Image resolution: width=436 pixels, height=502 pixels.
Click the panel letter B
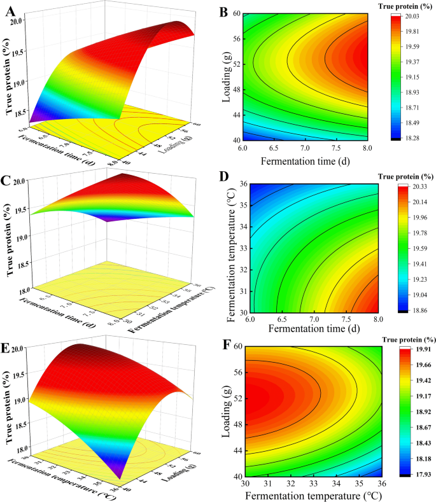pos(223,11)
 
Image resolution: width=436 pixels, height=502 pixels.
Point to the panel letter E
pos(10,347)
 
